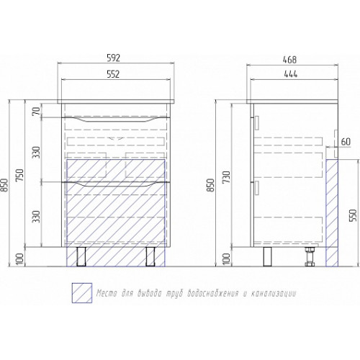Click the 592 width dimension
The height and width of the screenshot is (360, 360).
pos(114,58)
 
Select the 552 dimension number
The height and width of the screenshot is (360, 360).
pos(113,74)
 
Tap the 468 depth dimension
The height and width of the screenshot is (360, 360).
pos(290,60)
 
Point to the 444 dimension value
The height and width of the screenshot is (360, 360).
pos(291,74)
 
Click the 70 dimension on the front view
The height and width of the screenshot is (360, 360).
pos(37,111)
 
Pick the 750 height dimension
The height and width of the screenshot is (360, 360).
pos(20,175)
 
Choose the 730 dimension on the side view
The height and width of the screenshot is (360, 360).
pos(227,177)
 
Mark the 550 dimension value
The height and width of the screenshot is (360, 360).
pos(353,215)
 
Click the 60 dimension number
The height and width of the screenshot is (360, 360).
pos(346,142)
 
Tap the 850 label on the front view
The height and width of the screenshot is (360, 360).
pos(4,184)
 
